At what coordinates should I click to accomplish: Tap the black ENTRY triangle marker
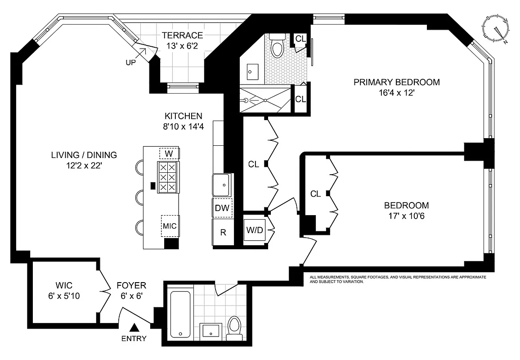134,329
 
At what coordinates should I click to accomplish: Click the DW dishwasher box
222,208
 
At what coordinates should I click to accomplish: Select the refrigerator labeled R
223,233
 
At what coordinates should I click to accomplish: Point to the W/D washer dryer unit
254,230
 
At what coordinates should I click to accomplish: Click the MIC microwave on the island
170,226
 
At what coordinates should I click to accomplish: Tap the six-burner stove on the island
167,177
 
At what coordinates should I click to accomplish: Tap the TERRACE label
182,36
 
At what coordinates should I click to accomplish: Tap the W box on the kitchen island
169,153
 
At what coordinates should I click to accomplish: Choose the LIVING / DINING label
84,155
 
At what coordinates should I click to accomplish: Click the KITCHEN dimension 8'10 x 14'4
183,126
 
